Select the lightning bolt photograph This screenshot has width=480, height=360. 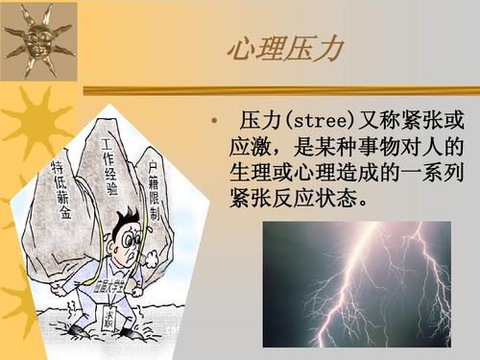(x=356, y=283)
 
